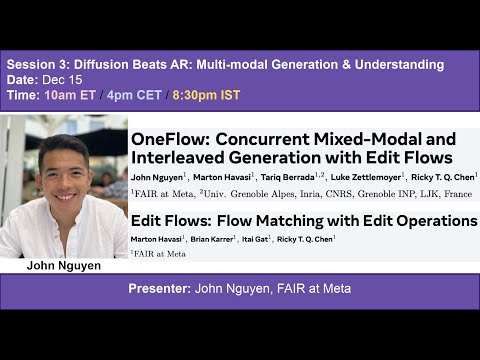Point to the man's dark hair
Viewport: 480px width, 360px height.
(64, 145)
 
